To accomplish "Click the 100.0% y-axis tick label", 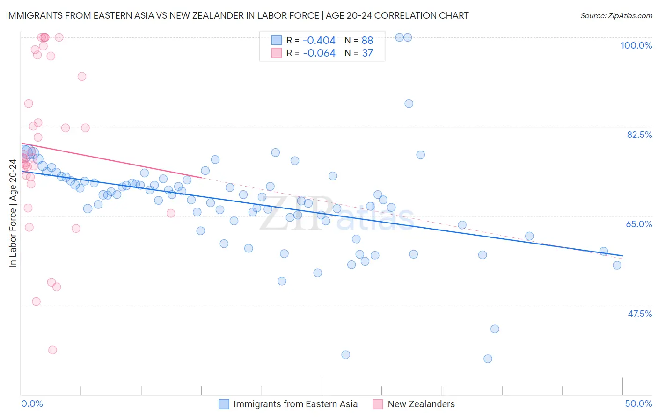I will [x=636, y=45].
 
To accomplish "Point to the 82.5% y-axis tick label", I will [x=639, y=135].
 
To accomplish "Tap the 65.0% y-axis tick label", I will [x=639, y=224].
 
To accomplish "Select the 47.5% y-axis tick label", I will [x=639, y=314].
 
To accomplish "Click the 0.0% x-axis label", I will [x=32, y=403].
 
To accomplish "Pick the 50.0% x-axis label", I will [x=638, y=403].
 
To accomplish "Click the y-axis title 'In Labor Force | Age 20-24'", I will [x=13, y=213].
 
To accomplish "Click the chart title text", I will [x=237, y=15].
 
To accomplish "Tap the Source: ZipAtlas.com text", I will [x=616, y=15].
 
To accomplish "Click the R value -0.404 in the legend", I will [x=319, y=41].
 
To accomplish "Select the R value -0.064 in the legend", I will [x=319, y=53].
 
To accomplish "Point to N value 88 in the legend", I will [x=367, y=41].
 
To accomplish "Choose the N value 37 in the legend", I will [x=367, y=53].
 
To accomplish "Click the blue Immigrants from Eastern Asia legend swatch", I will [x=224, y=404].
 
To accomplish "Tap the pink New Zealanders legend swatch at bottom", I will [x=378, y=404].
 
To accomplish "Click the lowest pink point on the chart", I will [x=52, y=350].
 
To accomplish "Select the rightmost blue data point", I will [x=617, y=265].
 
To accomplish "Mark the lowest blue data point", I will [x=488, y=359].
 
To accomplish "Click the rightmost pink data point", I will [x=171, y=213].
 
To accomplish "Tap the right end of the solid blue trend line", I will [x=623, y=256].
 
